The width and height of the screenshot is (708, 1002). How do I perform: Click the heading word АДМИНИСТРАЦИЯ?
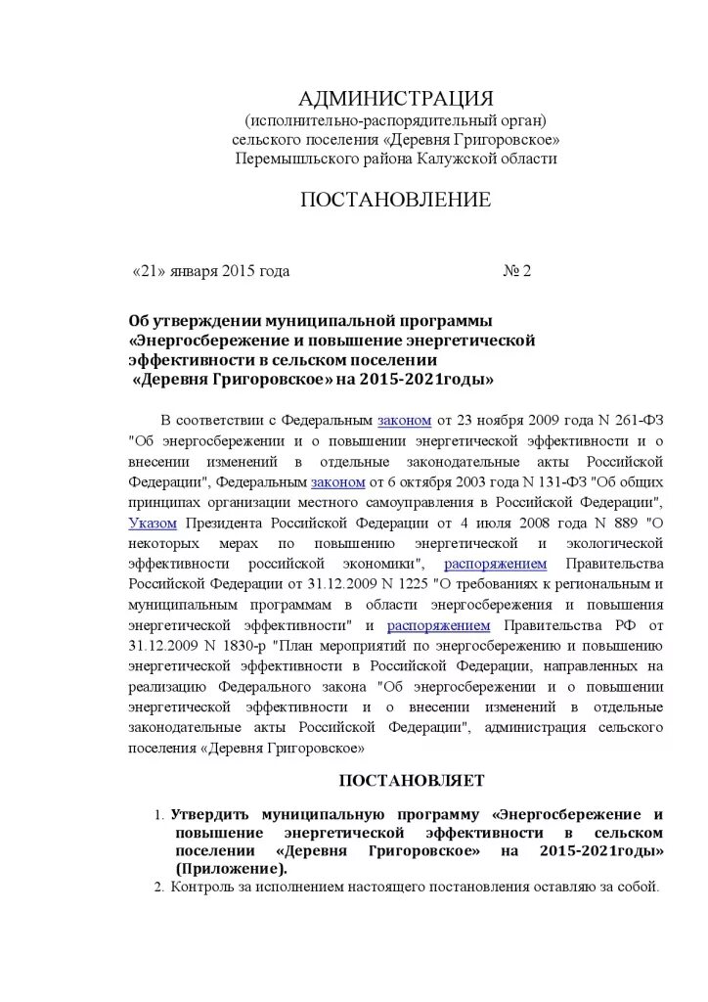[x=396, y=99]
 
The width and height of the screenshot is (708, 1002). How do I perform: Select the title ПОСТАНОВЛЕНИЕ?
[x=395, y=201]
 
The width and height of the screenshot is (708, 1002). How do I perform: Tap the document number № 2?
[x=516, y=271]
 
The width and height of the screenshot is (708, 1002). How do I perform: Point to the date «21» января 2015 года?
[x=211, y=271]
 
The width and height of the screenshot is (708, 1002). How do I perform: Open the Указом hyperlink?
[x=153, y=523]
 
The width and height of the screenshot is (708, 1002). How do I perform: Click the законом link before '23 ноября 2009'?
[x=404, y=420]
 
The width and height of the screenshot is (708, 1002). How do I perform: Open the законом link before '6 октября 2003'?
[x=337, y=481]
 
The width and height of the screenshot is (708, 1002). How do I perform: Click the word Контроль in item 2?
[x=201, y=888]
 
